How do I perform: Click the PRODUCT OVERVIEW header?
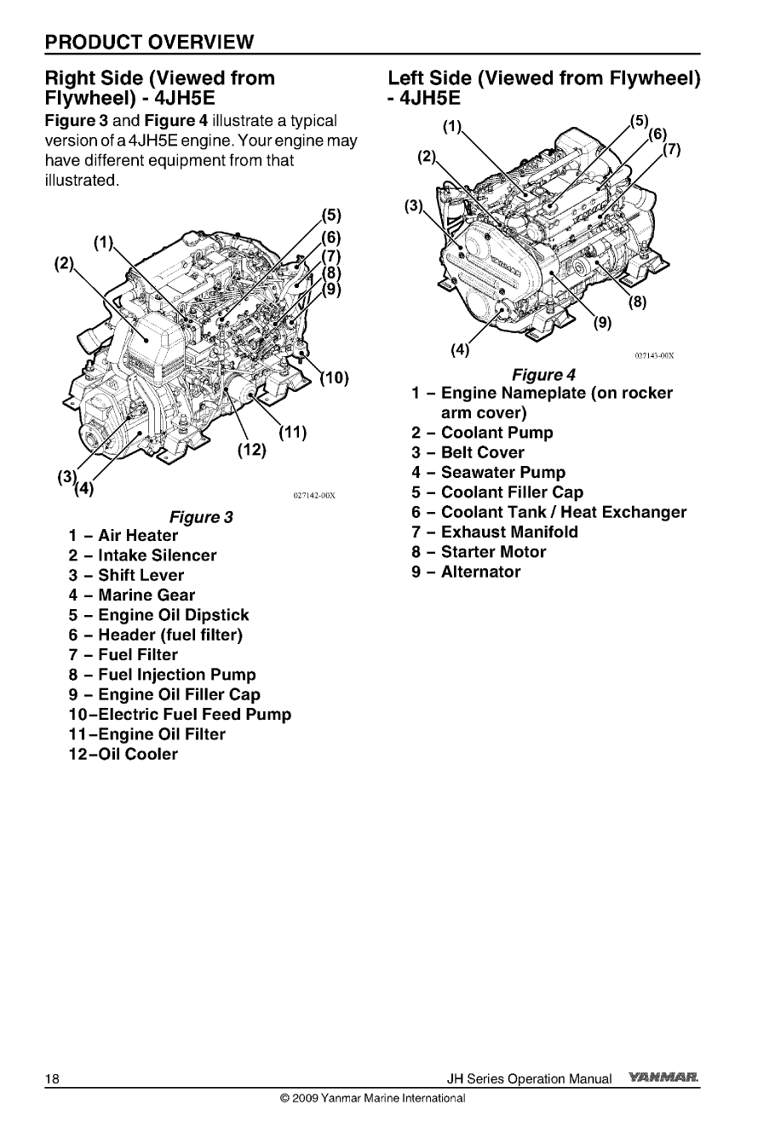click(x=150, y=41)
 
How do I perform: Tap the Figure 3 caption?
click(x=202, y=516)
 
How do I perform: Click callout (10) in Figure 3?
click(x=334, y=379)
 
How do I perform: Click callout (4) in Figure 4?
click(x=459, y=348)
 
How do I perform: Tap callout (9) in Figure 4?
click(x=602, y=323)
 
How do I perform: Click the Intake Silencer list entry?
click(x=143, y=555)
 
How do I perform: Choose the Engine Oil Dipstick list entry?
click(x=159, y=615)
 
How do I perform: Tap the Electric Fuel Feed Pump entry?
click(x=180, y=715)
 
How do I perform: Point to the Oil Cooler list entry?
click(x=124, y=754)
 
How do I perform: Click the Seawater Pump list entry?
click(x=488, y=472)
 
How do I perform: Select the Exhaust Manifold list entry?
click(x=495, y=532)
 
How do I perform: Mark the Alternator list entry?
click(x=466, y=572)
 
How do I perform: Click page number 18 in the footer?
click(x=53, y=1078)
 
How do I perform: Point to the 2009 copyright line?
click(x=372, y=1098)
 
